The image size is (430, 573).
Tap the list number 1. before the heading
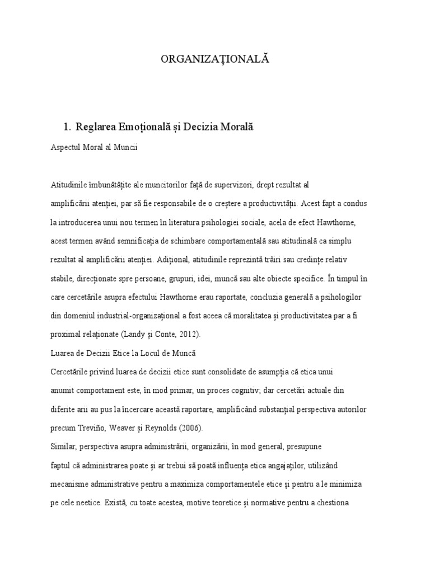coord(68,127)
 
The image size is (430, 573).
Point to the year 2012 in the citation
coord(186,334)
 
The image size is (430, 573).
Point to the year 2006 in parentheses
coord(190,428)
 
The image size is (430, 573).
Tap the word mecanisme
coord(70,483)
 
